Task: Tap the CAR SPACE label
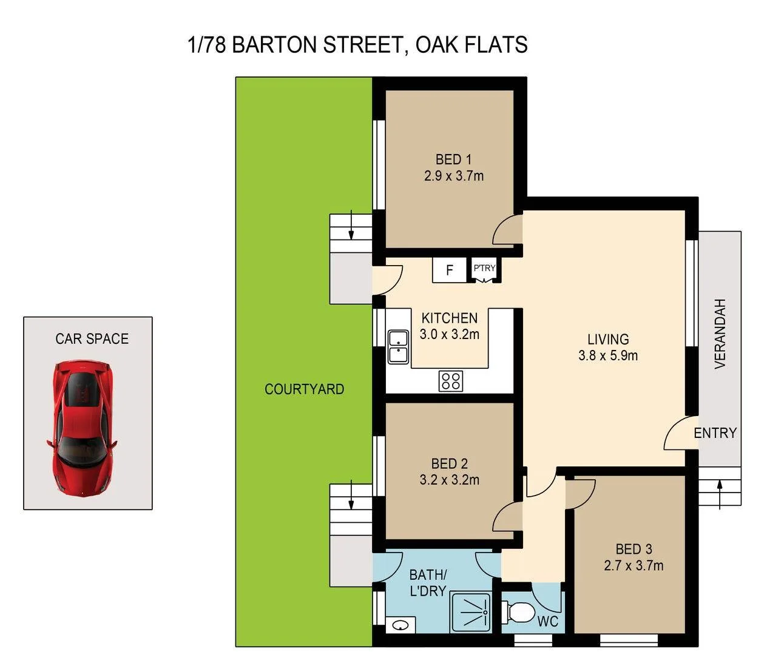[x=92, y=338]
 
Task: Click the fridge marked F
[x=449, y=270]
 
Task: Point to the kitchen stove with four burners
[x=451, y=381]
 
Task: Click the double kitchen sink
[x=398, y=346]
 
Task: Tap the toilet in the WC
[x=518, y=612]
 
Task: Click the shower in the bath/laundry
[x=471, y=613]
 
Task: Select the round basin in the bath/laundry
[x=400, y=625]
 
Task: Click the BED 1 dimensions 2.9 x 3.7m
[x=453, y=176]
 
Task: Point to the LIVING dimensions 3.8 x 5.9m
[x=607, y=356]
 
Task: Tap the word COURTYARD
[x=304, y=389]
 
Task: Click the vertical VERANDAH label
[x=720, y=334]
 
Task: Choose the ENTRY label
[x=715, y=433]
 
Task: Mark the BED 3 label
[x=634, y=549]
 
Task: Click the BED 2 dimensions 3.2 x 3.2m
[x=449, y=480]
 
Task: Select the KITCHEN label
[x=449, y=318]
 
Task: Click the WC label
[x=547, y=622]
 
